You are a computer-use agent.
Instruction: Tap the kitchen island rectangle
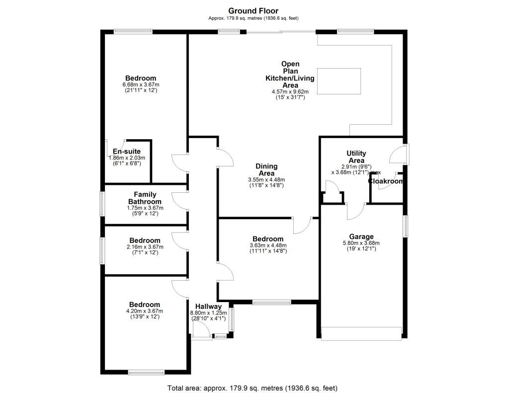[x=338, y=81]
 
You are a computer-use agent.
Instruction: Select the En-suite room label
[x=126, y=152]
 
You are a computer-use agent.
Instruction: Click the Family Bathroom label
[x=145, y=198]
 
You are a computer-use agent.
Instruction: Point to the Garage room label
[x=361, y=236]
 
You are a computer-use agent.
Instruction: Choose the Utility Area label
[x=356, y=157]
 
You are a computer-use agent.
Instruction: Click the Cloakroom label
[x=386, y=181]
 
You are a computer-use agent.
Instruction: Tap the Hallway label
[x=208, y=306]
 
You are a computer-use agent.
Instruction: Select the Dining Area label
[x=266, y=169]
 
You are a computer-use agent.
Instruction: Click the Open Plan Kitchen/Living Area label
[x=290, y=75]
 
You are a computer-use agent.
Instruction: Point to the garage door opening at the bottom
[x=361, y=333]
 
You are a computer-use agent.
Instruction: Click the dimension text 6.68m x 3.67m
[x=141, y=85]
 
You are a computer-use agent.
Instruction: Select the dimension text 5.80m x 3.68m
[x=361, y=243]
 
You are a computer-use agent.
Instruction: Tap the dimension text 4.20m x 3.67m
[x=145, y=311]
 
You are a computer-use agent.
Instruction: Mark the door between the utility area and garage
[x=355, y=212]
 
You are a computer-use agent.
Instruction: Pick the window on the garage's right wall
[x=406, y=226]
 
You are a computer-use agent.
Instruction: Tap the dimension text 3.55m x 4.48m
[x=266, y=179]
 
